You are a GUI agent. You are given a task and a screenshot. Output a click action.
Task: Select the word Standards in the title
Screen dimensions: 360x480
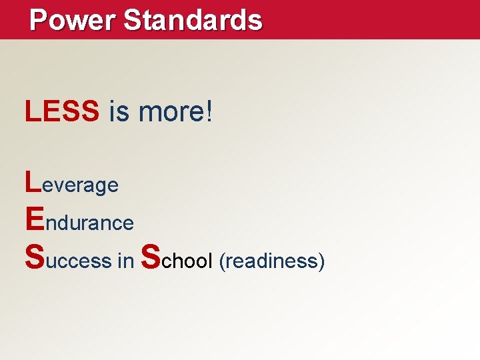(193, 20)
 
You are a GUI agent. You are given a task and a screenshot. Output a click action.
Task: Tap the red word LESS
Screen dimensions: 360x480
(62, 112)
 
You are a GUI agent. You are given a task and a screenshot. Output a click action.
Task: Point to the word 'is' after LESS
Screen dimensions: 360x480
(119, 112)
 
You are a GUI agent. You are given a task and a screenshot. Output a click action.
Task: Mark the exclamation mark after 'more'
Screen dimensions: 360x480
(210, 112)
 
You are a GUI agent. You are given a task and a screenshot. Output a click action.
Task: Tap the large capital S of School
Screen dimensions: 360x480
(152, 255)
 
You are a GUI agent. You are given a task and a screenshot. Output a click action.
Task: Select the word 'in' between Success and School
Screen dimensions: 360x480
(125, 261)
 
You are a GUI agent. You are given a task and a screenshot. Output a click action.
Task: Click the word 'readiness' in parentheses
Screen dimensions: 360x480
(271, 261)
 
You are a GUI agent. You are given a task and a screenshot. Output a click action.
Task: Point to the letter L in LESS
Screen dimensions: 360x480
(32, 112)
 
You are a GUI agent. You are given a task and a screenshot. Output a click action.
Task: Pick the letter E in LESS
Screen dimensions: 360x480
(51, 112)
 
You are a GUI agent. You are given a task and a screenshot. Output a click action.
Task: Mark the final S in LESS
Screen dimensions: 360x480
(90, 112)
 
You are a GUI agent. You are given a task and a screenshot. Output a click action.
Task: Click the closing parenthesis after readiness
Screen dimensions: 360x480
(321, 261)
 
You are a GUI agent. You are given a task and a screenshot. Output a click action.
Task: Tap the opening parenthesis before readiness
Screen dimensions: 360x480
(221, 261)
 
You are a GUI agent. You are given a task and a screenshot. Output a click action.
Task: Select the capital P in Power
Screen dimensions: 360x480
(39, 20)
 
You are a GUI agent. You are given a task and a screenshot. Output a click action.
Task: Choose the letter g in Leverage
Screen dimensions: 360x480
(97, 187)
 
